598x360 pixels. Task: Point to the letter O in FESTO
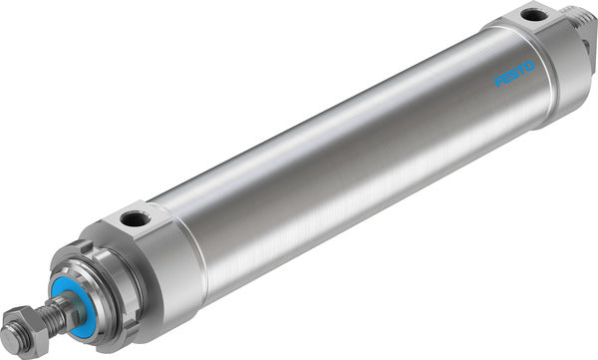coord(530,67)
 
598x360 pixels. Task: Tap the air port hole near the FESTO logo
coord(534,15)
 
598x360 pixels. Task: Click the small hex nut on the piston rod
coord(20,330)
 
